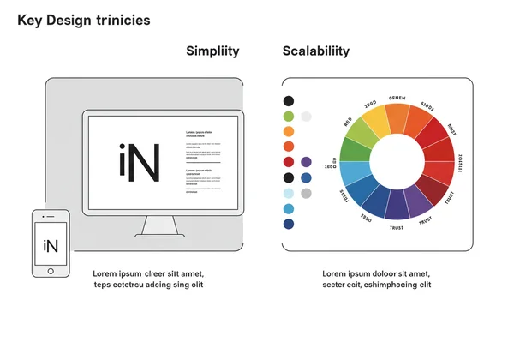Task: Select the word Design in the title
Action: pos(71,19)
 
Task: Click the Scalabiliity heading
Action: pos(316,51)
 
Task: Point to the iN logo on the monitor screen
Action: pos(138,163)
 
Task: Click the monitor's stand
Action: pos(158,226)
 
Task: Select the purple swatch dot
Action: pos(307,162)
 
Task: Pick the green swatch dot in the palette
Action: pos(289,116)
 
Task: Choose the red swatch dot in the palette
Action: pos(289,162)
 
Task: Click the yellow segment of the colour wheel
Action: pos(375,120)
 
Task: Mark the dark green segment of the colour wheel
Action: pos(353,149)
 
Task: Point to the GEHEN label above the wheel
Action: pos(397,99)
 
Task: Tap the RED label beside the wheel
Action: pos(348,121)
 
